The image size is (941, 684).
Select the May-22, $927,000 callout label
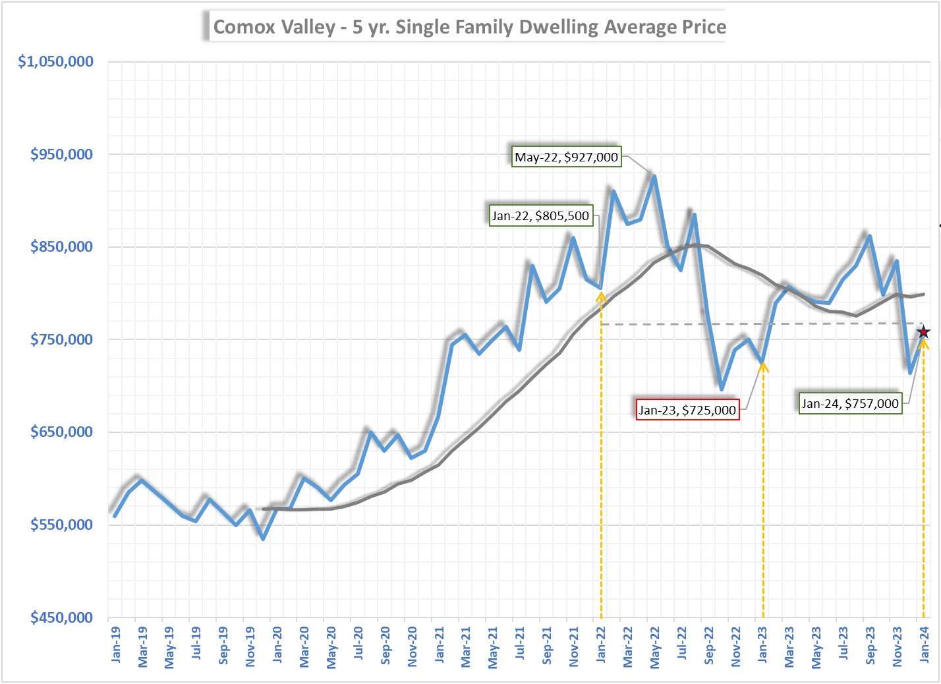point(566,157)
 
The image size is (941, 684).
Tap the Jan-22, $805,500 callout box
point(540,215)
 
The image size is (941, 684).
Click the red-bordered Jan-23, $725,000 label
point(687,410)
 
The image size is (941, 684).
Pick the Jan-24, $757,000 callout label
point(849,403)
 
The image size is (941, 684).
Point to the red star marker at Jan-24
point(923,332)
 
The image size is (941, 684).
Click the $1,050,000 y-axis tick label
point(56,61)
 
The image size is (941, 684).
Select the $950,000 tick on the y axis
point(62,154)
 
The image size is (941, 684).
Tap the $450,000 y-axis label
point(62,617)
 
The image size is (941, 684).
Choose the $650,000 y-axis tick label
point(62,432)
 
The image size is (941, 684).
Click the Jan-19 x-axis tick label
point(116,644)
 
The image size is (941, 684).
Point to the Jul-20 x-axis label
point(358,644)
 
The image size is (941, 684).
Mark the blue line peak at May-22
point(654,176)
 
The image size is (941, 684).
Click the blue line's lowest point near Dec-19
point(263,538)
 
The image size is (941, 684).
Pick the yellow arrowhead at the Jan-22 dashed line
point(601,297)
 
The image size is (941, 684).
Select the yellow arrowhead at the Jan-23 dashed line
point(763,366)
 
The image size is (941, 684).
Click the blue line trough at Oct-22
point(722,389)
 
